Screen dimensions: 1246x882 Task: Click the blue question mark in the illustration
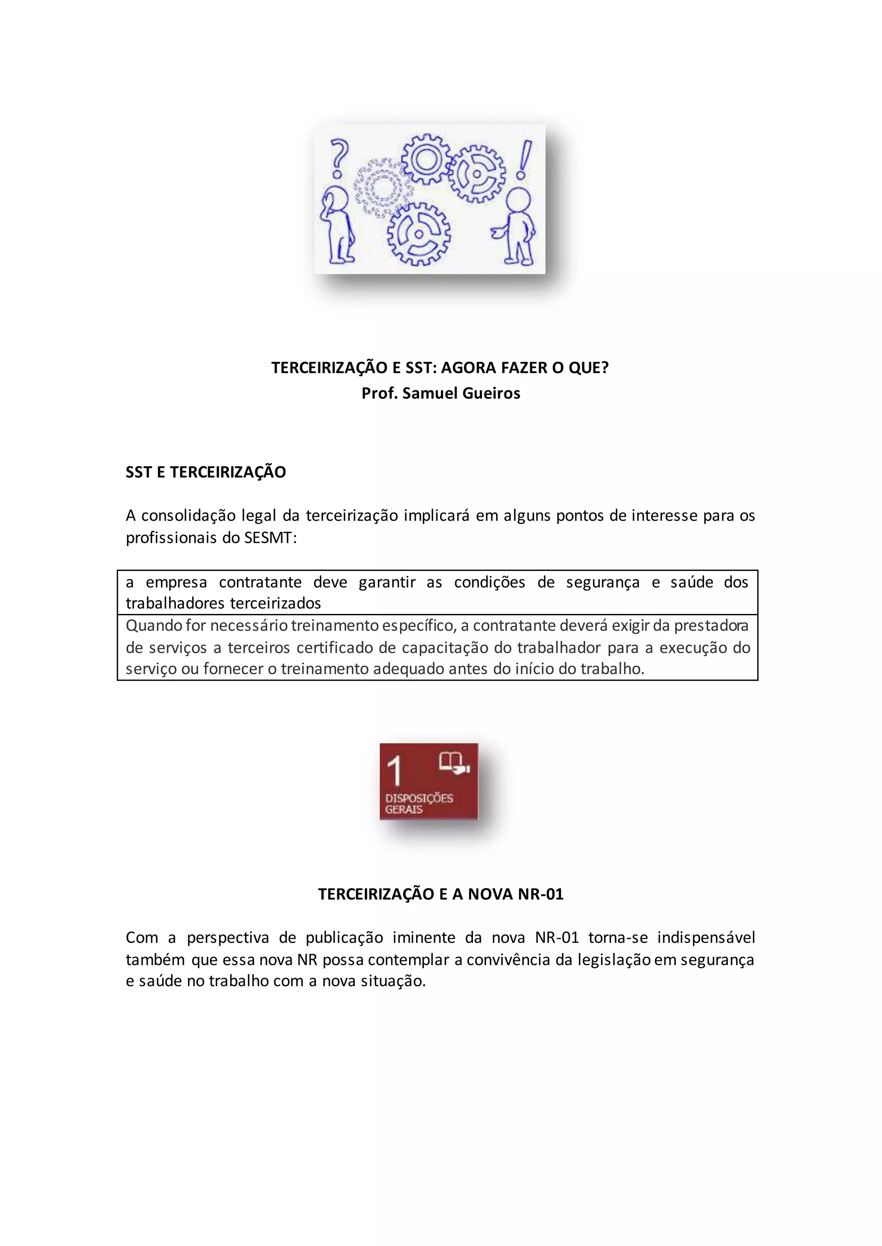pyautogui.click(x=339, y=158)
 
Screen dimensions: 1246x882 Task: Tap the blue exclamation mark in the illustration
pyautogui.click(x=524, y=160)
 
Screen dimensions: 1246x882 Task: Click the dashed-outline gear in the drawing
pyautogui.click(x=383, y=188)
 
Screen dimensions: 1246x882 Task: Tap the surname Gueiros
pyautogui.click(x=491, y=393)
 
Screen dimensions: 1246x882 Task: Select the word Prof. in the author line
pyautogui.click(x=379, y=393)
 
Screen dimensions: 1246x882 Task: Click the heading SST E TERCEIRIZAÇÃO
pyautogui.click(x=205, y=472)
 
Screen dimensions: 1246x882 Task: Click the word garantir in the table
pyautogui.click(x=387, y=582)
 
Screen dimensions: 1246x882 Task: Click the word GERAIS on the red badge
pyautogui.click(x=404, y=810)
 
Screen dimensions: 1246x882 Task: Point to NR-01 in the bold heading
pyautogui.click(x=540, y=894)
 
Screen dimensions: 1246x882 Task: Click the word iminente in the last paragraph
pyautogui.click(x=424, y=938)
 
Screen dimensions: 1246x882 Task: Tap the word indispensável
pyautogui.click(x=706, y=938)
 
